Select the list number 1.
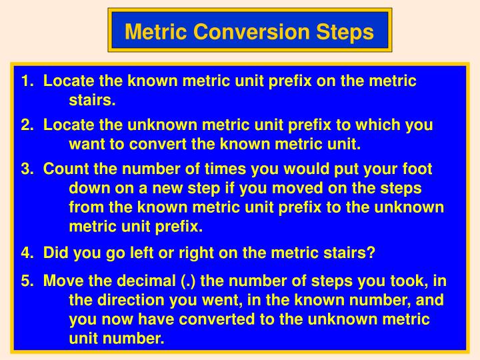[27, 81]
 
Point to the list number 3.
[27, 169]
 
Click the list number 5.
[27, 280]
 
